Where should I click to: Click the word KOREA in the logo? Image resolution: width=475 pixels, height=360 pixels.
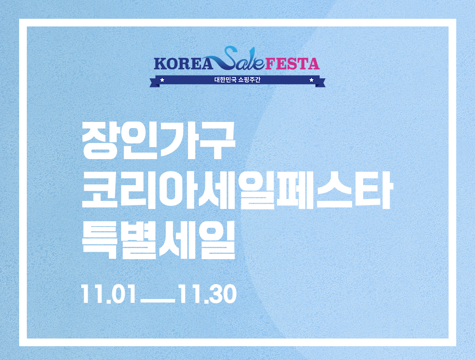[x=183, y=64]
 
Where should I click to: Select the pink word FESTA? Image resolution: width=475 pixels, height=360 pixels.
[x=292, y=64]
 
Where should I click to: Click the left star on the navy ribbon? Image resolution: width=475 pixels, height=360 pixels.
[x=162, y=80]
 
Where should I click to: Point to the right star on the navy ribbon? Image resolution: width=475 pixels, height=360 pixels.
[x=311, y=80]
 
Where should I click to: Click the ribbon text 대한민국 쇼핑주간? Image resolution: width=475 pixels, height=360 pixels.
[x=237, y=80]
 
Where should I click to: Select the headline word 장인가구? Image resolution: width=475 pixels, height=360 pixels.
[x=159, y=141]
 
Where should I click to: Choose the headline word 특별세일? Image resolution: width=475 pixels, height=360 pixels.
[x=159, y=240]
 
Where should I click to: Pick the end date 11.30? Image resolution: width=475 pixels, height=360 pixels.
[x=208, y=294]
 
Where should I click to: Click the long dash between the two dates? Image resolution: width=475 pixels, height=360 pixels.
[x=158, y=301]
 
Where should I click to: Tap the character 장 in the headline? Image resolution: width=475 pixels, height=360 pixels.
[x=99, y=141]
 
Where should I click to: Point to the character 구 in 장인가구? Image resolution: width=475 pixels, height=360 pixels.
[x=218, y=141]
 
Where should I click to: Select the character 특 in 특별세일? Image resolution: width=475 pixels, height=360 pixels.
[x=100, y=240]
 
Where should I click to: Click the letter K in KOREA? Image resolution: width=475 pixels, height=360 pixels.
[x=160, y=64]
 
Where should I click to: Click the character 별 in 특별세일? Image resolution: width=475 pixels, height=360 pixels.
[x=139, y=240]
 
